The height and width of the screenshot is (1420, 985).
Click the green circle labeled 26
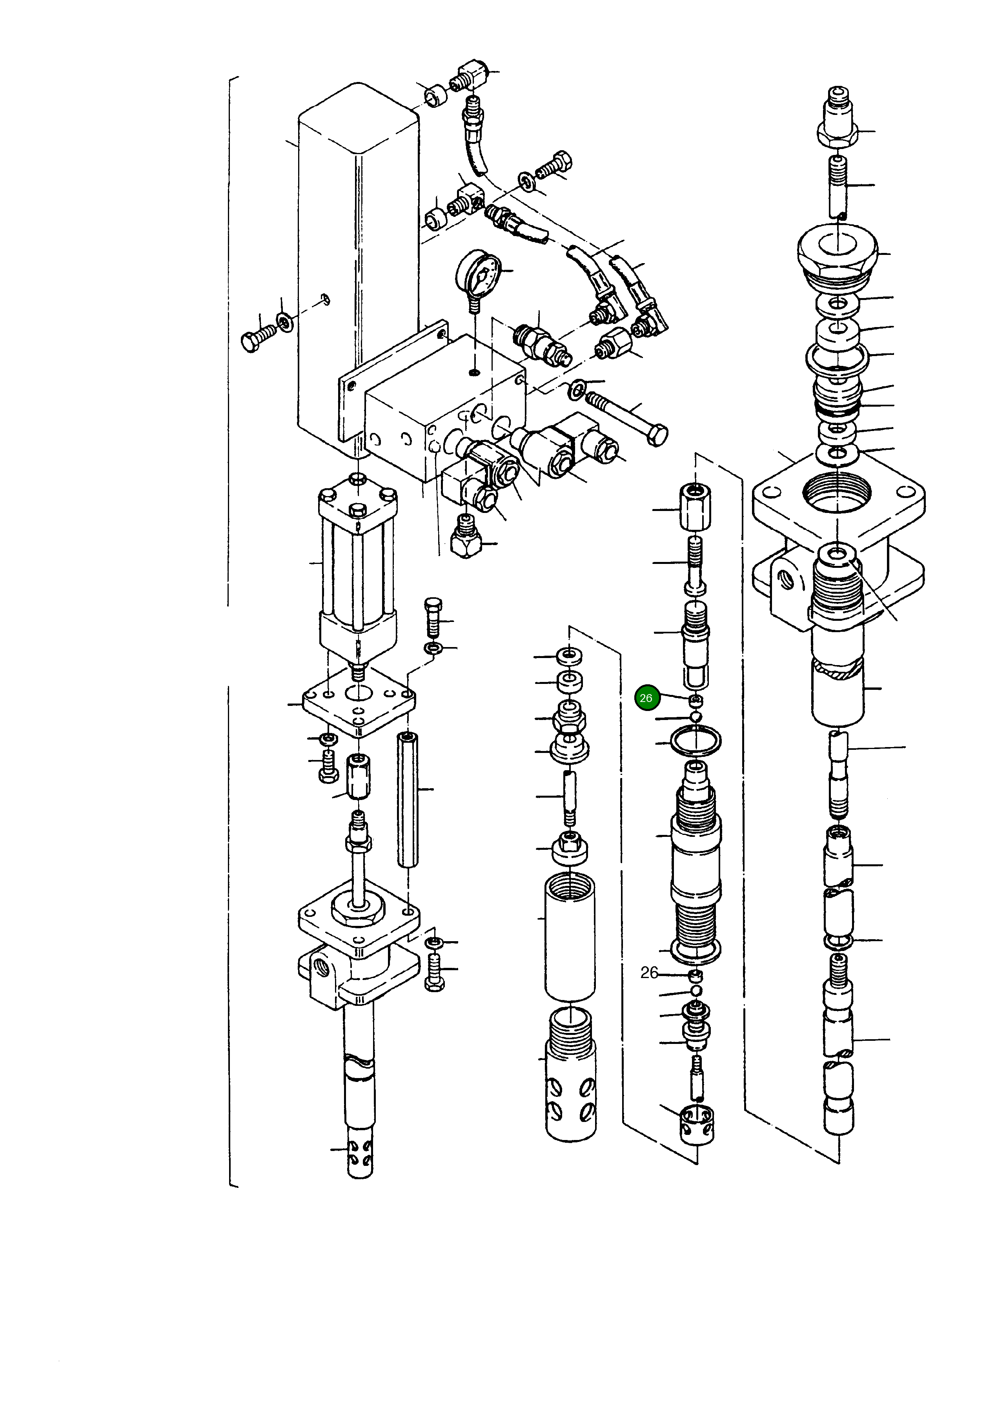[646, 698]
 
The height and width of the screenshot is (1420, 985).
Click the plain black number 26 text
[649, 973]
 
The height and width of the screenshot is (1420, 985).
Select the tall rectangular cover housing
[358, 259]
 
